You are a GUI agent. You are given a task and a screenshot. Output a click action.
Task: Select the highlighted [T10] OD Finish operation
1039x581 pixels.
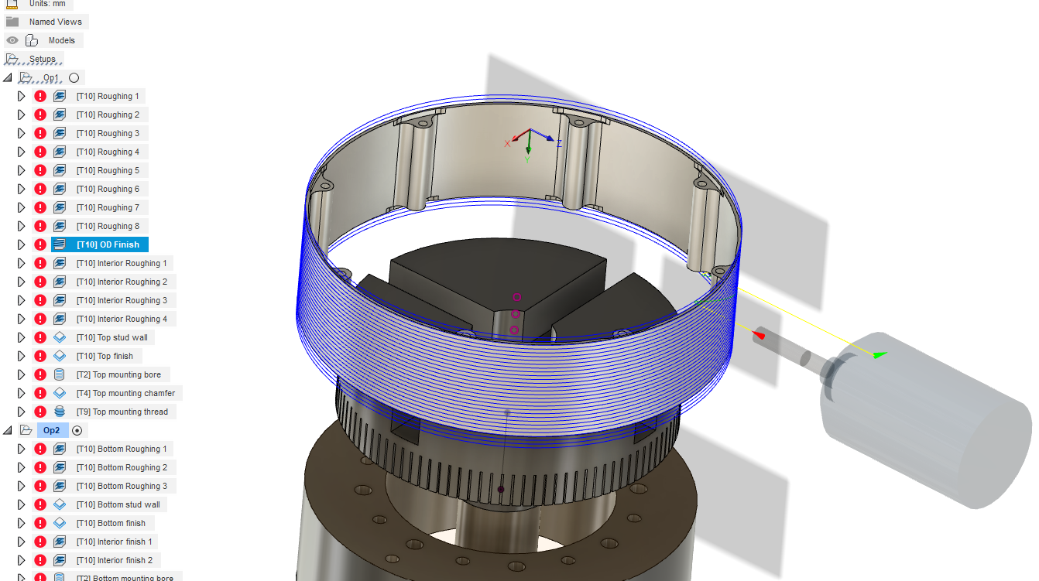(108, 244)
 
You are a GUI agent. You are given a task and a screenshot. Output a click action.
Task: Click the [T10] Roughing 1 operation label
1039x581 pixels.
(108, 96)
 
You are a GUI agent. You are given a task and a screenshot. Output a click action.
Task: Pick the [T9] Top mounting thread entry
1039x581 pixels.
(122, 412)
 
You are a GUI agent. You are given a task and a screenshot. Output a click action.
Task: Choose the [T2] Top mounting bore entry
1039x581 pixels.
(118, 374)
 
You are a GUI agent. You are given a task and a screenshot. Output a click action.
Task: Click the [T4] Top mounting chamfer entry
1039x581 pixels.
(125, 393)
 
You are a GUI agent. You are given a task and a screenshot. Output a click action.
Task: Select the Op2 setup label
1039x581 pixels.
(51, 430)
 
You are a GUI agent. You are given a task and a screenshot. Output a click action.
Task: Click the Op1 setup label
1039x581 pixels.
(51, 77)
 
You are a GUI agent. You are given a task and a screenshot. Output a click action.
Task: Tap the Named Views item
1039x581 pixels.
(55, 22)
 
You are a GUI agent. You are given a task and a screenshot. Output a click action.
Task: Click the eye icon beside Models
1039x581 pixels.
(12, 40)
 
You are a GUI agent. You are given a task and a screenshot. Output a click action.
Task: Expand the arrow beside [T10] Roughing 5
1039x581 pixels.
(22, 170)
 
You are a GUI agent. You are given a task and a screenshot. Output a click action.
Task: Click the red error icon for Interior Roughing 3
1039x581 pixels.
(40, 300)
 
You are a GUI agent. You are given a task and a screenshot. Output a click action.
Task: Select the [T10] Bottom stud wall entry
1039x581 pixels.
(118, 504)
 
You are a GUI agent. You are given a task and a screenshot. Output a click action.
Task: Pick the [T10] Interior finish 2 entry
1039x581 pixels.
(114, 560)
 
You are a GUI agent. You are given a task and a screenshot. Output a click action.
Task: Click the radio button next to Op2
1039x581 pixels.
(77, 430)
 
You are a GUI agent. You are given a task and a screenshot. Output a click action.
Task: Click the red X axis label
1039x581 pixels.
(507, 143)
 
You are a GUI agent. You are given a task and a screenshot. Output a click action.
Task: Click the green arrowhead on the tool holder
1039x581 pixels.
(879, 355)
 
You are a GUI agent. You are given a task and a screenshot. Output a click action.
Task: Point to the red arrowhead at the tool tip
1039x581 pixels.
(759, 334)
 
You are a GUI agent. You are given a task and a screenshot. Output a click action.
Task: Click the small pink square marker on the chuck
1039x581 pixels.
(516, 296)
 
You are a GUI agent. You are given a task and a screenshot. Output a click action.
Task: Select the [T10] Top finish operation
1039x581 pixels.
(105, 356)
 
